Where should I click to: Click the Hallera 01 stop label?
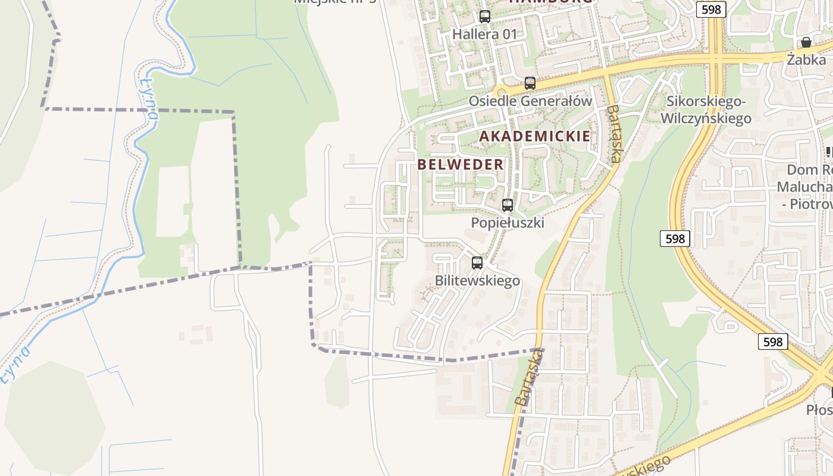(x=485, y=34)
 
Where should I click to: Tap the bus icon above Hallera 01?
(x=485, y=16)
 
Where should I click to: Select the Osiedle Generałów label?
(x=530, y=101)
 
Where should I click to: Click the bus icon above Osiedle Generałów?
(x=530, y=83)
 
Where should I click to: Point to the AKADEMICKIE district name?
(x=535, y=136)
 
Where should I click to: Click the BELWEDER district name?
(x=461, y=165)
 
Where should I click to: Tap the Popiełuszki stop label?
(x=508, y=223)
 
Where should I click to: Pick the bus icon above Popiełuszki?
(x=508, y=205)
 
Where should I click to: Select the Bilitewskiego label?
(x=477, y=280)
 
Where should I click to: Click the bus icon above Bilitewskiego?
(x=477, y=262)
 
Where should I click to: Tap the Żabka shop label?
(x=806, y=59)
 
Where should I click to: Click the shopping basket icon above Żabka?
(x=806, y=42)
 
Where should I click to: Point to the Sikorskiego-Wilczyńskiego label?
(x=706, y=110)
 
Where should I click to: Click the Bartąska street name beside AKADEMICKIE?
(x=614, y=134)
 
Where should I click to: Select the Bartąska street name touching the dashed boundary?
(x=529, y=378)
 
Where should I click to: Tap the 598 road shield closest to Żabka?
(x=711, y=9)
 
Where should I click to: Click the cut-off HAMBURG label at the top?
(x=551, y=2)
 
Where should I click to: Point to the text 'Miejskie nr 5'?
(x=336, y=2)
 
